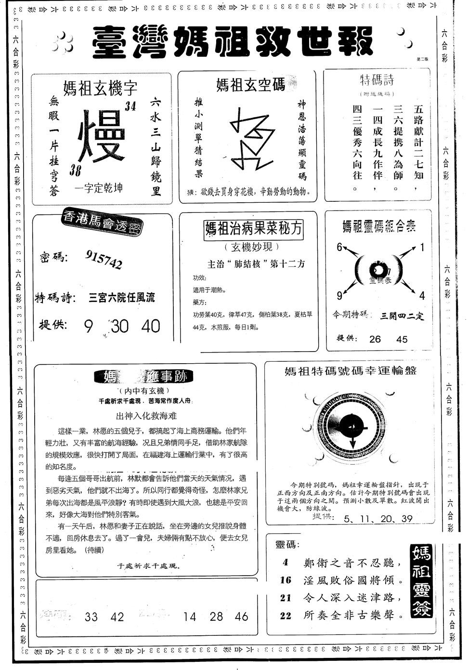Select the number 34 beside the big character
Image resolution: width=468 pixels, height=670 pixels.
(x=130, y=107)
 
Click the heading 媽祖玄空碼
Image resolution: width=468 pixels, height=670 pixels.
(x=250, y=85)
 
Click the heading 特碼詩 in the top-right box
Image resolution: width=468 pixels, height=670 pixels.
(x=377, y=80)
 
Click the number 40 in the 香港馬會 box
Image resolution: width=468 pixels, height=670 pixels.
(x=151, y=326)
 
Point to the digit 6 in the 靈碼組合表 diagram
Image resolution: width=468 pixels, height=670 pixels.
(x=339, y=247)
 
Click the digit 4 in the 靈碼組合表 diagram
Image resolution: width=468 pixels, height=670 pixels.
(x=422, y=295)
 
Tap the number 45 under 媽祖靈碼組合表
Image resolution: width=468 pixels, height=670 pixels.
(x=402, y=339)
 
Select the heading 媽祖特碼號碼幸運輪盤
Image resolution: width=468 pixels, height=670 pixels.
(x=350, y=371)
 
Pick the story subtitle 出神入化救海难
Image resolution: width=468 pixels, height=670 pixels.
(x=146, y=416)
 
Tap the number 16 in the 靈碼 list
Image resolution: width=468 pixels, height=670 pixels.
(x=286, y=580)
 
